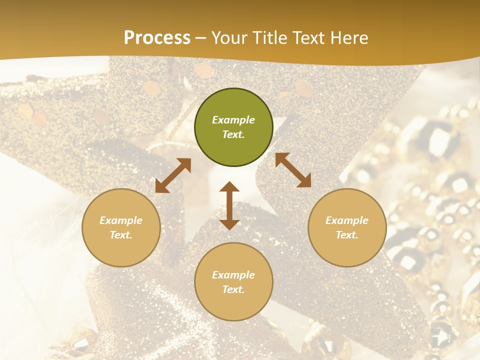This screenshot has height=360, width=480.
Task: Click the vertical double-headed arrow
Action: tap(229, 205)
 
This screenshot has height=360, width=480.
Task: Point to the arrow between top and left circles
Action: tap(173, 175)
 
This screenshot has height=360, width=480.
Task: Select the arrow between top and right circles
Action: tap(293, 170)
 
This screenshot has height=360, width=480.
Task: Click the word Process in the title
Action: tap(157, 37)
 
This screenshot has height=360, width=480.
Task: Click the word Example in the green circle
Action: tap(233, 120)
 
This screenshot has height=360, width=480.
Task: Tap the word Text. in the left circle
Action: tap(121, 235)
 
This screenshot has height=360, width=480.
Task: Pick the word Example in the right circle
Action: tap(347, 220)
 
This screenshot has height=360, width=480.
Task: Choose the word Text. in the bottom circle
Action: tap(233, 289)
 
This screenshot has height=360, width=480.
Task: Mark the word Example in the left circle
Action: tap(121, 220)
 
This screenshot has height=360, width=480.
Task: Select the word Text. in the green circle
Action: tap(233, 134)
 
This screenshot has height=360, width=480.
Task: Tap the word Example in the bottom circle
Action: tap(233, 275)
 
